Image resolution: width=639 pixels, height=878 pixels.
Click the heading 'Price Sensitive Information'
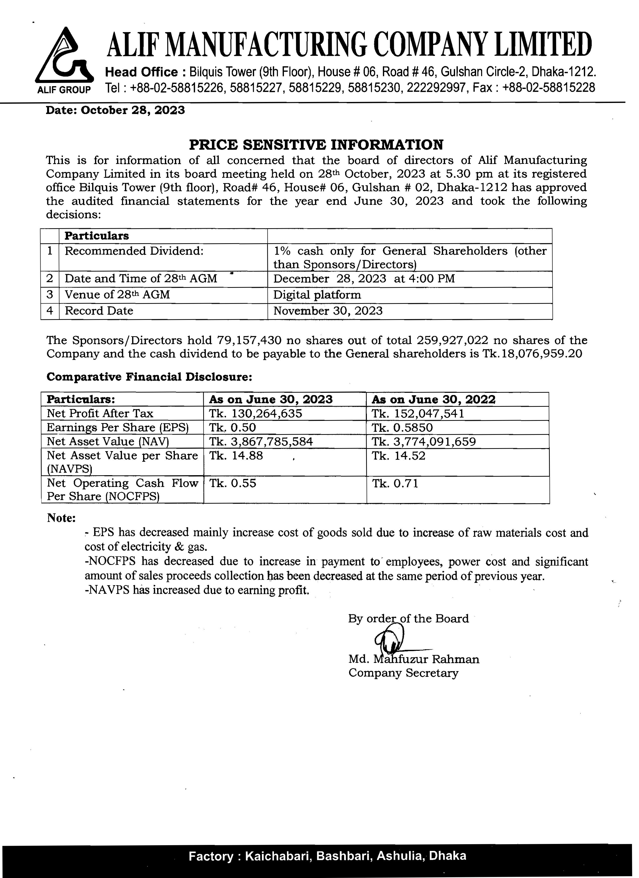coord(316,145)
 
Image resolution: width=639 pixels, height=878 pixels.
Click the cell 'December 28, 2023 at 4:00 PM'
coord(364,279)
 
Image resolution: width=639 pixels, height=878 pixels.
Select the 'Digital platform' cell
coord(317,295)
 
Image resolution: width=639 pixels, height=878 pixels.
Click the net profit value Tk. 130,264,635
coord(256,414)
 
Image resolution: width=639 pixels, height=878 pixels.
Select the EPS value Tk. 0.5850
coord(402,428)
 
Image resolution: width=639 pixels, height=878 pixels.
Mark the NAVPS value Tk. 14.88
coord(236,456)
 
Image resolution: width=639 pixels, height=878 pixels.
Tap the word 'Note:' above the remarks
coord(61,518)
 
